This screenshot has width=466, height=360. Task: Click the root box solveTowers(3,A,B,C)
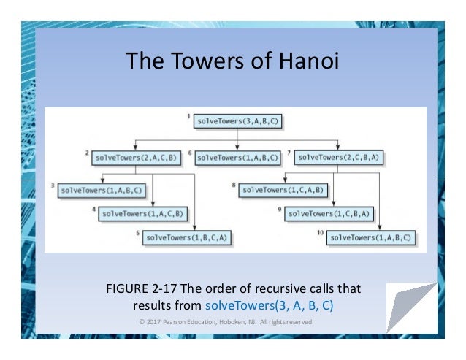(x=237, y=121)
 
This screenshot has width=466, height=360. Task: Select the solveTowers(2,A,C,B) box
(x=135, y=157)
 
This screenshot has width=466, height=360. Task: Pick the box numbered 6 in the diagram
(x=238, y=157)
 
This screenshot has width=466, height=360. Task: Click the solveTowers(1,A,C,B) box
(x=142, y=214)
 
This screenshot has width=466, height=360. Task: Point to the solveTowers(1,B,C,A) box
(x=186, y=237)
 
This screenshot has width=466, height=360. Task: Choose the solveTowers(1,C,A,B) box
(x=285, y=190)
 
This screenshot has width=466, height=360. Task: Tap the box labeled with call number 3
(x=101, y=190)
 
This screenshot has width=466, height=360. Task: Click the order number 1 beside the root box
(x=188, y=116)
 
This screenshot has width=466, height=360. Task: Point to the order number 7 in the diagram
(x=290, y=153)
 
